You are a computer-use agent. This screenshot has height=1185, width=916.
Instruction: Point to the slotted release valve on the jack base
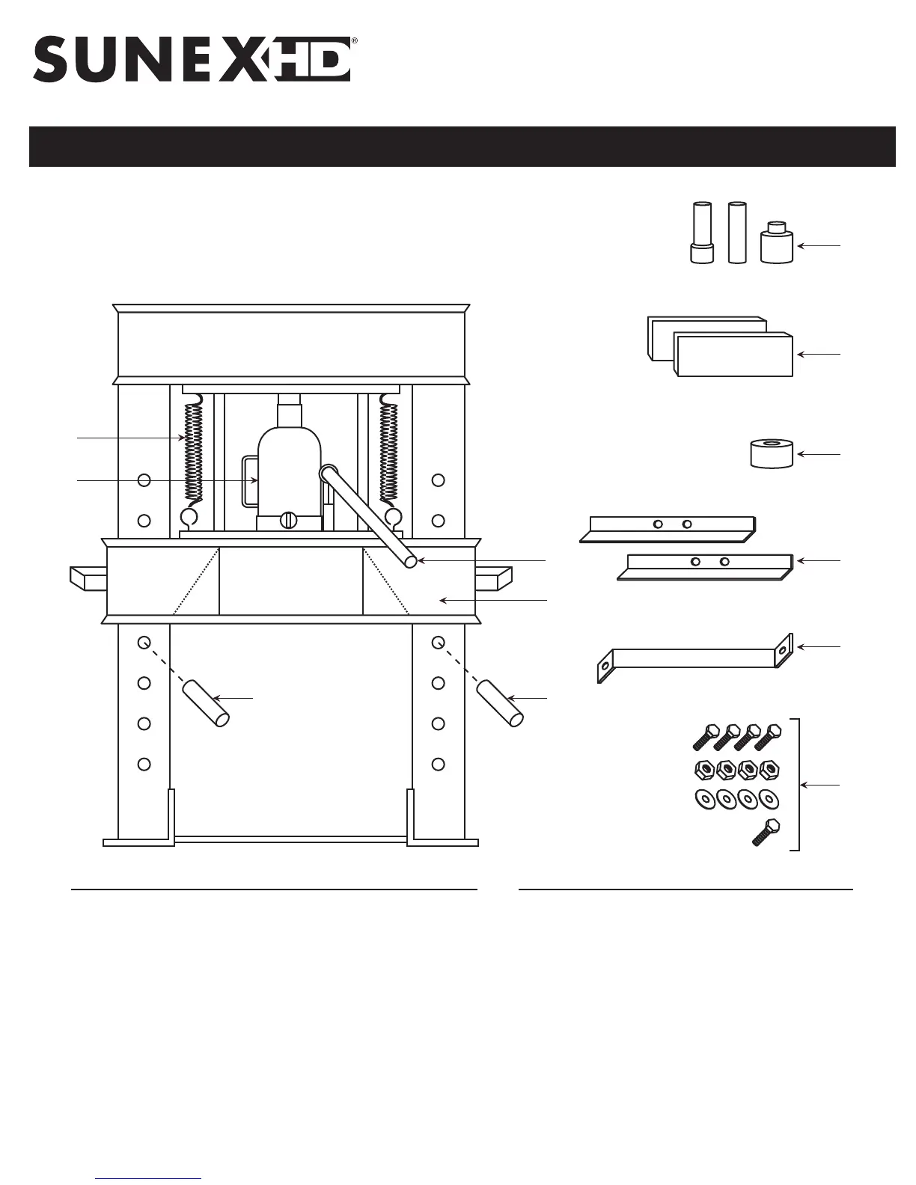click(x=290, y=521)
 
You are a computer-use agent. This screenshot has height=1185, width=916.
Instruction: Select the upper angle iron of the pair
click(x=670, y=528)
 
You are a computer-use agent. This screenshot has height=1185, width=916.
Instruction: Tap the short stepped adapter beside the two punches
click(x=776, y=242)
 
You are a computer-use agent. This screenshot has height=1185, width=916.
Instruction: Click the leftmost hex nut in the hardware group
click(x=703, y=769)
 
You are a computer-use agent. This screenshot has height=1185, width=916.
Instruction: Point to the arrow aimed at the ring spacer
click(x=819, y=454)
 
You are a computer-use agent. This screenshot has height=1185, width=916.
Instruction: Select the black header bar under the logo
click(x=462, y=147)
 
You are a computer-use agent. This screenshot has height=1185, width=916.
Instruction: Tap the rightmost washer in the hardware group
click(x=766, y=799)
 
